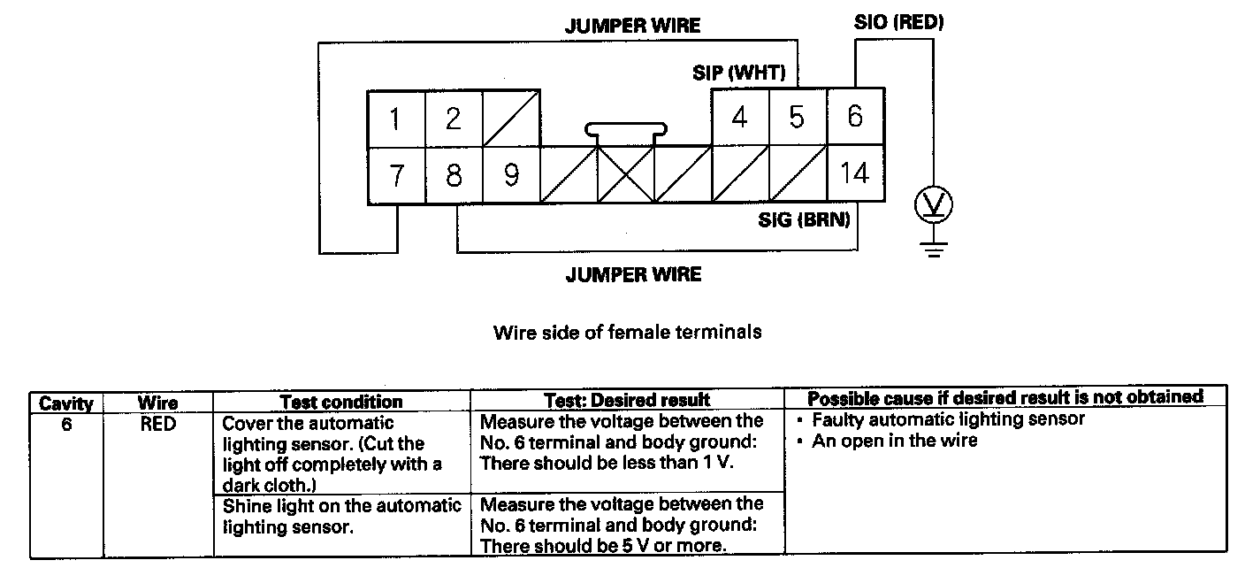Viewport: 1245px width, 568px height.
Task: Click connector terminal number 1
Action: point(396,119)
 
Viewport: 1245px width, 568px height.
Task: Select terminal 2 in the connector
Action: point(454,119)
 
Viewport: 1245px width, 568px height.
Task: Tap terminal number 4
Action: point(740,117)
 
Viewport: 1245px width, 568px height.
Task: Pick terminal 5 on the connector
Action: point(797,117)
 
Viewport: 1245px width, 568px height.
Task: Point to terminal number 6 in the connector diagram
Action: point(854,117)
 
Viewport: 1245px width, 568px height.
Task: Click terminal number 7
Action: point(396,175)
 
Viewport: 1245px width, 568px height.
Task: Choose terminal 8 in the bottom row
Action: point(454,175)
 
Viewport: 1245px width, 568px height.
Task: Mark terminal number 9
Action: point(511,175)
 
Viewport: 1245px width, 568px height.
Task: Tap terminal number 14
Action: point(854,173)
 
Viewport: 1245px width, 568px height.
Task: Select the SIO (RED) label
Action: point(898,23)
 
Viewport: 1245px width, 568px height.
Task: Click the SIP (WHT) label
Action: point(738,73)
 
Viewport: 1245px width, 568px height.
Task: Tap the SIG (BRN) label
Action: point(805,221)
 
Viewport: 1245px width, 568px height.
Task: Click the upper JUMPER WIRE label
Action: point(632,26)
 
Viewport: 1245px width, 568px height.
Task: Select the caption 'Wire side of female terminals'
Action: point(627,333)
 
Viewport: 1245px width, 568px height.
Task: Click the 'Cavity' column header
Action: point(66,403)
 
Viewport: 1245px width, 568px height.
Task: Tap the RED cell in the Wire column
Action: point(158,425)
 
